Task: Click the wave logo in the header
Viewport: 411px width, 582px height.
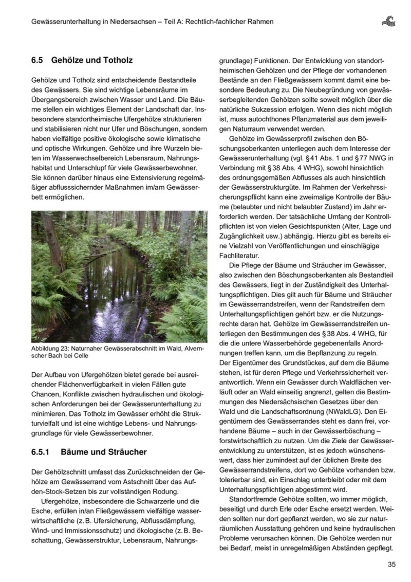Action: click(x=388, y=21)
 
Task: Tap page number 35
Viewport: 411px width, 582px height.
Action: click(x=392, y=565)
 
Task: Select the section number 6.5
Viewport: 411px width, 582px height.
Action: click(x=37, y=60)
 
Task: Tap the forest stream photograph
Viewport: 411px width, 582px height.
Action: click(x=119, y=277)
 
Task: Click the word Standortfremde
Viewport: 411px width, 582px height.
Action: click(x=254, y=499)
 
